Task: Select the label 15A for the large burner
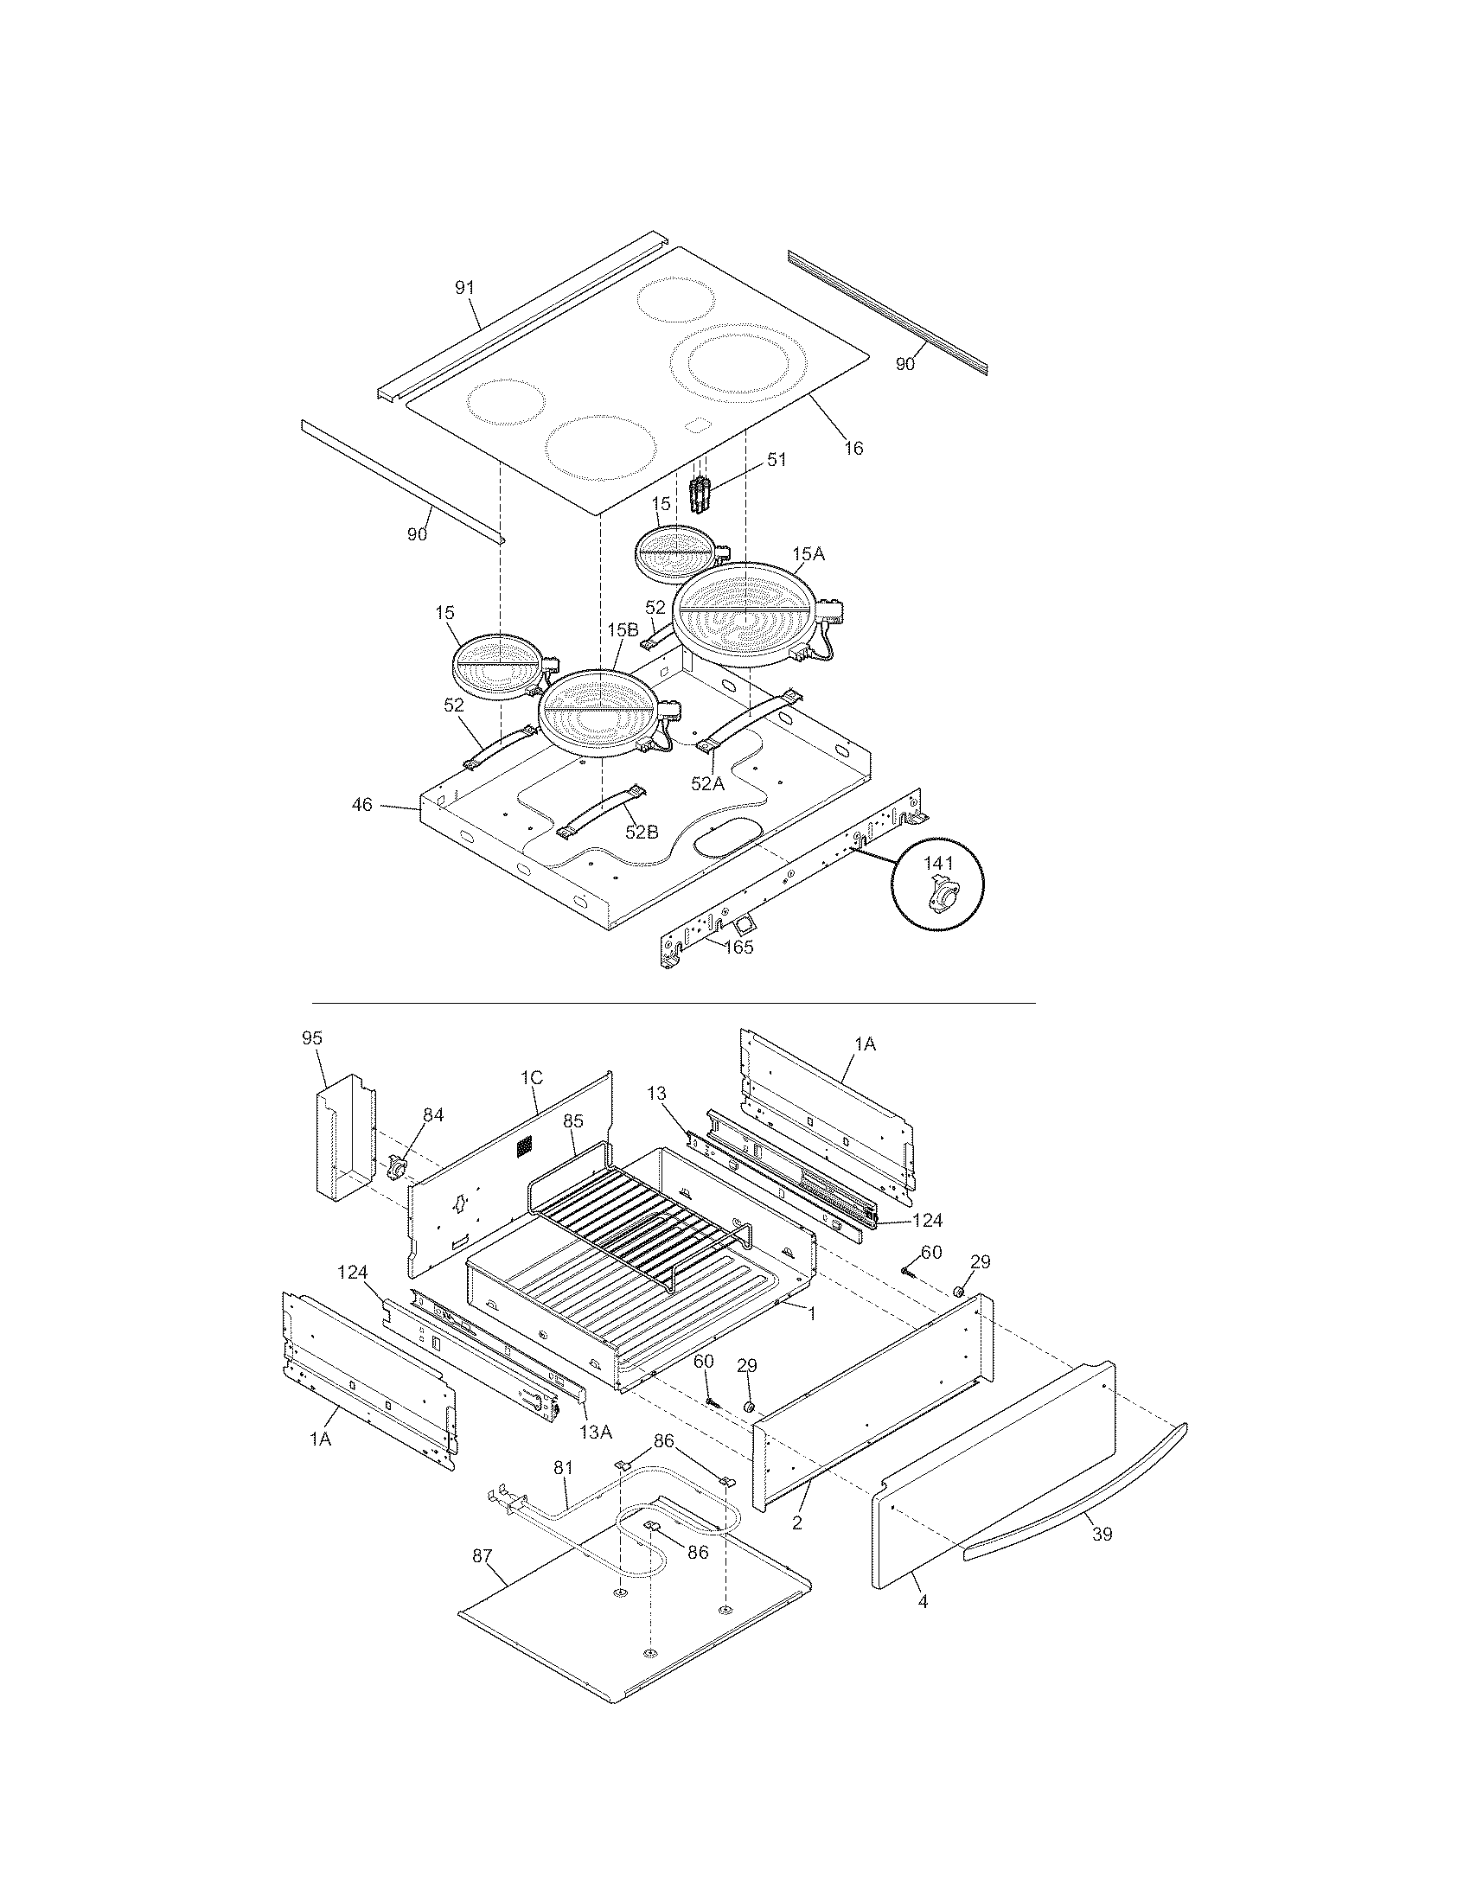808,554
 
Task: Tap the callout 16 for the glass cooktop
853,448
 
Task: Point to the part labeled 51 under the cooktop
700,495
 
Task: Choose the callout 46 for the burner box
362,805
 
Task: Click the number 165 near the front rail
738,947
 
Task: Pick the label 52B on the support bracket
641,832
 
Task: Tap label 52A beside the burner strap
707,784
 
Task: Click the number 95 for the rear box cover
312,1037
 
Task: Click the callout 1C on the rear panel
531,1077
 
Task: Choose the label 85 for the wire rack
572,1120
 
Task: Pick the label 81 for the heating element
564,1467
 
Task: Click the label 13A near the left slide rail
596,1431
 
